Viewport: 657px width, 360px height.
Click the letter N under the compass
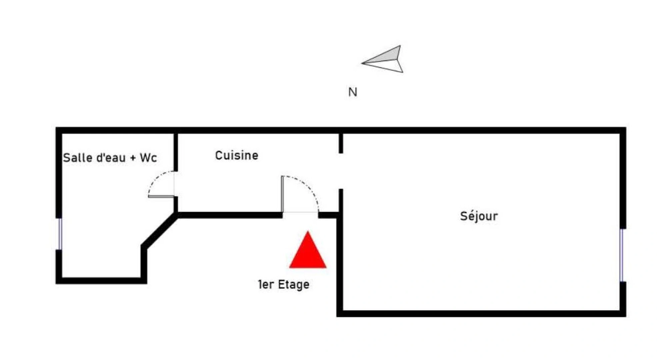pos(352,92)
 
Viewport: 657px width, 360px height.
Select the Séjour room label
pos(479,216)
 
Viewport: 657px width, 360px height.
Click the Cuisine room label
pos(236,155)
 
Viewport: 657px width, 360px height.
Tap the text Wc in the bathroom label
pos(148,158)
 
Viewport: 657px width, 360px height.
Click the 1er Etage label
pos(283,284)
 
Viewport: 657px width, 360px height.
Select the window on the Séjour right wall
pos(622,255)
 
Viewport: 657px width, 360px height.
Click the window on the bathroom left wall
pos(60,234)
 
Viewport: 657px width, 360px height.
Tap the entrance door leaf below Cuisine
pos(282,194)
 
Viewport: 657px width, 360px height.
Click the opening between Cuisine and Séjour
pos(341,171)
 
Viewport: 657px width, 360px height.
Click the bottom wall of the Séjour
pos(480,313)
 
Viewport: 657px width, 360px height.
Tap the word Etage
pos(293,284)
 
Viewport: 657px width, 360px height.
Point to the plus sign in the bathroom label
pos(133,158)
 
